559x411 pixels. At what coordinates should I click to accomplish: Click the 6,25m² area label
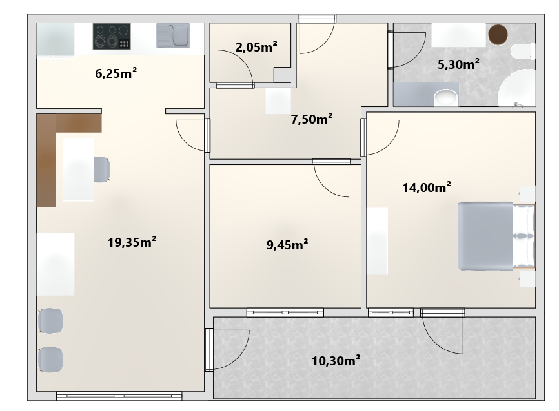click(116, 73)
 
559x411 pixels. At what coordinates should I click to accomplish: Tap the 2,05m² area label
click(256, 46)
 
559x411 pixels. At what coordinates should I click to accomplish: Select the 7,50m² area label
click(312, 119)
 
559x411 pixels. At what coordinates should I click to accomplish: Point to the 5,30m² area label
click(458, 64)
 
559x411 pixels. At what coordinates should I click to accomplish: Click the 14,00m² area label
click(427, 187)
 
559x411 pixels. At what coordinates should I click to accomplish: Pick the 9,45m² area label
click(287, 245)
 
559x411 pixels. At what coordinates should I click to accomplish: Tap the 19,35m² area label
click(132, 242)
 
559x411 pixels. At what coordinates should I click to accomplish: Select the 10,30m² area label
click(336, 361)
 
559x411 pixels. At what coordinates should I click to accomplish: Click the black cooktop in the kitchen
click(112, 36)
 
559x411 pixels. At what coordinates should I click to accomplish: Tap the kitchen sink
click(173, 35)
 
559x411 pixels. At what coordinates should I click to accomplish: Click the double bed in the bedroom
click(496, 236)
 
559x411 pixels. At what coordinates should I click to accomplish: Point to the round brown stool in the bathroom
click(498, 35)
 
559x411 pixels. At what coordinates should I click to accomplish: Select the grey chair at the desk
click(101, 169)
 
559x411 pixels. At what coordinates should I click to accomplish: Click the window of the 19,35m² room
click(119, 396)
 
